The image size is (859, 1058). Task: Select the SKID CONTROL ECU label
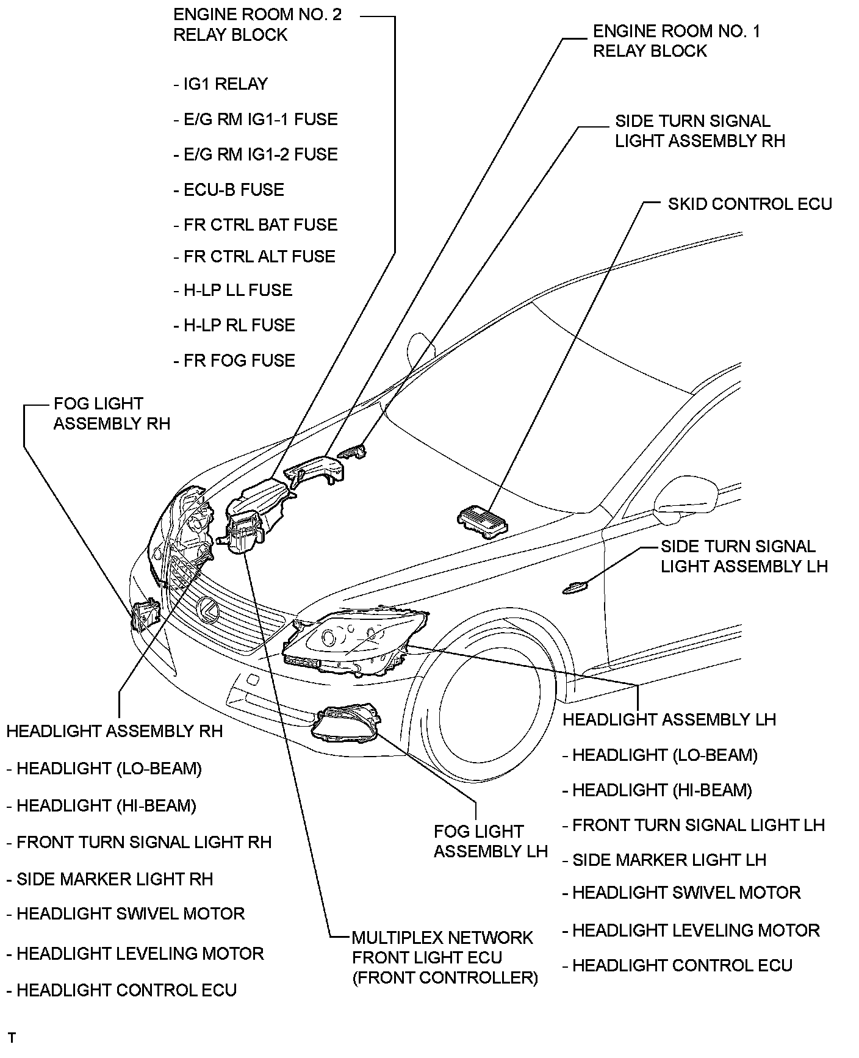coord(750,204)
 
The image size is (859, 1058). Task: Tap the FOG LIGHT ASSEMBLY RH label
coord(112,414)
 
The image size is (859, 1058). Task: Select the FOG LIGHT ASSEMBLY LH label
coord(491,841)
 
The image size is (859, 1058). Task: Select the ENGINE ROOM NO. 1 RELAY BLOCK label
coord(676,41)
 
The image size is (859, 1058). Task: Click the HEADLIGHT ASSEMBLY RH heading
coord(115,731)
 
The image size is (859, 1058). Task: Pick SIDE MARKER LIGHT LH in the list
coord(669,860)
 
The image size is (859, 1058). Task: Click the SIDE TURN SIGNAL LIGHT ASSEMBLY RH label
coord(699,131)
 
